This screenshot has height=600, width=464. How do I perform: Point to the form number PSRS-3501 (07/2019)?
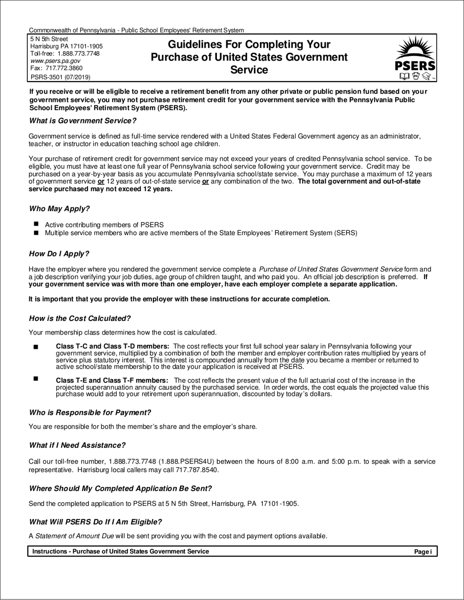[x=60, y=77]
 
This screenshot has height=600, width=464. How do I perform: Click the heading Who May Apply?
[x=59, y=209]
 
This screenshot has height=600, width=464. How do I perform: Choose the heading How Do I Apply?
[x=59, y=254]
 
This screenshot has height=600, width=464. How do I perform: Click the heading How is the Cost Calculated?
[x=80, y=319]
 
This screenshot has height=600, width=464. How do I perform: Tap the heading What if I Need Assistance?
[x=77, y=445]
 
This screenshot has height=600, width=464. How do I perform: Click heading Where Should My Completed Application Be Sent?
[x=120, y=488]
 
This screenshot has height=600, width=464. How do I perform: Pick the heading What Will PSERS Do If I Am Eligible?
[x=95, y=522]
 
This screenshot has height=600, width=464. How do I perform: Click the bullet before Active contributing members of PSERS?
[x=36, y=224]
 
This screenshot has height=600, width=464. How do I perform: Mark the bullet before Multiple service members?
[x=36, y=233]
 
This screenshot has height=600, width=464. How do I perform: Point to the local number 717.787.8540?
[x=196, y=470]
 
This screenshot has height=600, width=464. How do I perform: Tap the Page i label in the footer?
[x=422, y=552]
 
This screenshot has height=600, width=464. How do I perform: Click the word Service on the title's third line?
[x=249, y=70]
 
